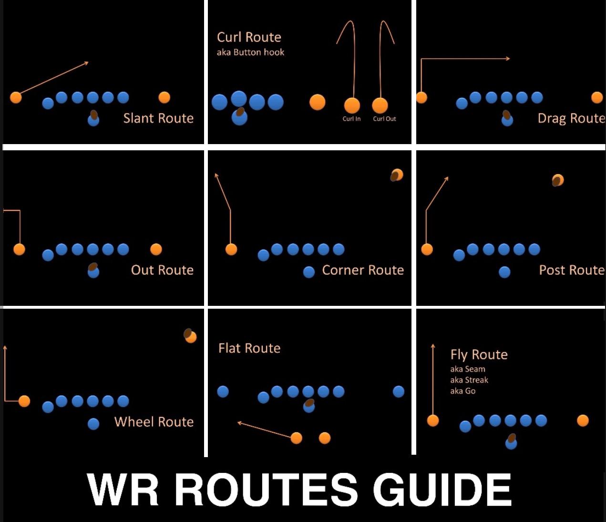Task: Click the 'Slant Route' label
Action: [158, 118]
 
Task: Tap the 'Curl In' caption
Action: [351, 119]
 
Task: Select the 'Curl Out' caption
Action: [384, 119]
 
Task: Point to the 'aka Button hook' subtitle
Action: [250, 52]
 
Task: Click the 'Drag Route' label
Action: [571, 118]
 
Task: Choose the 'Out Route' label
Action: [162, 270]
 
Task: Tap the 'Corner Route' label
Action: [363, 270]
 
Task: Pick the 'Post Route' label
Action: [571, 270]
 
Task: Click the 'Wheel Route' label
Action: [154, 422]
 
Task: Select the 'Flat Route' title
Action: [249, 348]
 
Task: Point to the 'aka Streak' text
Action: [469, 380]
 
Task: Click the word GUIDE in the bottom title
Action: [442, 490]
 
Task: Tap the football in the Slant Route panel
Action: [94, 115]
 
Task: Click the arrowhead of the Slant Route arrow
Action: [87, 63]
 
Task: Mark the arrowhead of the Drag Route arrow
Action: [508, 59]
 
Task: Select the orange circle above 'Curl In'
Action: [352, 105]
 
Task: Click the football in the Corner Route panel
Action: [396, 176]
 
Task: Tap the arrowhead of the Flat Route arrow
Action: [239, 422]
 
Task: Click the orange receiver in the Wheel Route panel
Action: [24, 401]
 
